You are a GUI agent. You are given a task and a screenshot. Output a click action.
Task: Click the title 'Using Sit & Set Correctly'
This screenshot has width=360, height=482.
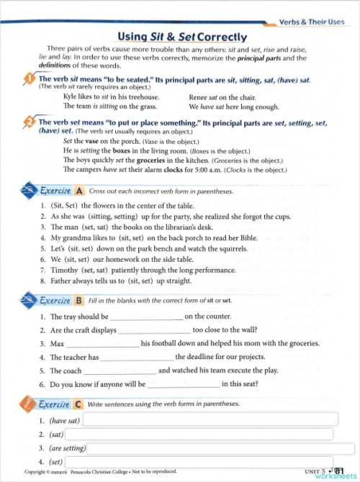181,37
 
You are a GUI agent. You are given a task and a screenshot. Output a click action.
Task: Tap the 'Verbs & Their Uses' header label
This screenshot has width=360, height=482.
312,23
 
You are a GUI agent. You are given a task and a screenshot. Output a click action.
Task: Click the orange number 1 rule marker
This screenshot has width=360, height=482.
29,79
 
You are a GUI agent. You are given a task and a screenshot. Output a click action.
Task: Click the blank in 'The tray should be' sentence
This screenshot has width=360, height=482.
146,317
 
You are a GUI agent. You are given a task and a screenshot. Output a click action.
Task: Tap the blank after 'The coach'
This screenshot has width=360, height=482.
120,371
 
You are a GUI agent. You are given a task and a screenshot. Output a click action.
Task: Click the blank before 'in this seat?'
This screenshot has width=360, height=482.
183,385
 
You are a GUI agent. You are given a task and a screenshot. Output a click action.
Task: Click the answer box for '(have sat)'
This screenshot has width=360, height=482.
207,420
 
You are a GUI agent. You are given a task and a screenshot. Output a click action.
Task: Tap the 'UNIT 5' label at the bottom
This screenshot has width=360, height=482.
314,471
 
